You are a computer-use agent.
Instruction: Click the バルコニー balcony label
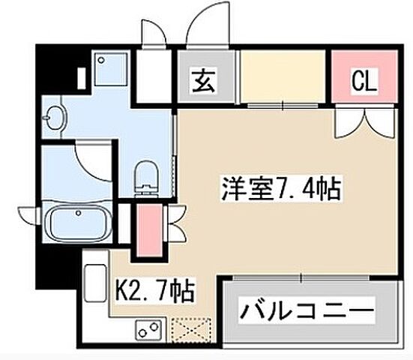tap(307, 310)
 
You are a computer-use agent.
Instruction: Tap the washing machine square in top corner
tap(100, 68)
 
